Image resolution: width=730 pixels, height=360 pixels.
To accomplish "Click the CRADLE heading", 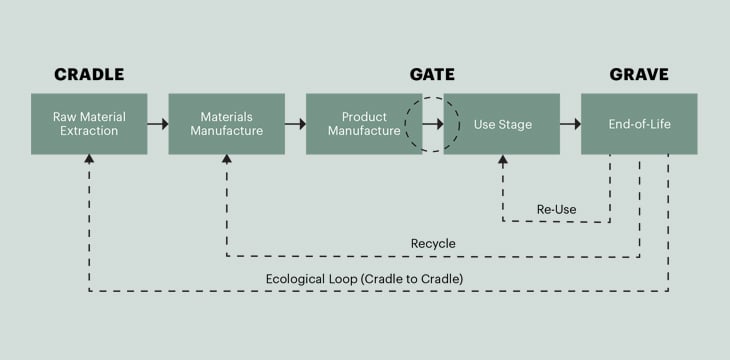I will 89,75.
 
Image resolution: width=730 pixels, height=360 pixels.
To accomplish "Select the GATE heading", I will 433,75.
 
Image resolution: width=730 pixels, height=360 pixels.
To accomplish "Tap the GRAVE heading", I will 639,75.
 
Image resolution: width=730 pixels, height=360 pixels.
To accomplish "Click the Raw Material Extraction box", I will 89,124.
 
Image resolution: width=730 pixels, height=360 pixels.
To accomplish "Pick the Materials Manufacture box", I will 226,124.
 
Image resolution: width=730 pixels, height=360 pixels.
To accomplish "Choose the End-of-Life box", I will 639,124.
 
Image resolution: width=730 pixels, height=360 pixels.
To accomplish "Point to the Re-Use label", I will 557,210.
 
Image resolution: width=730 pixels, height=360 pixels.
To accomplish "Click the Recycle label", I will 433,244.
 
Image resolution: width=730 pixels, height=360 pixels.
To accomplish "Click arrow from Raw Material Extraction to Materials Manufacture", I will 158,124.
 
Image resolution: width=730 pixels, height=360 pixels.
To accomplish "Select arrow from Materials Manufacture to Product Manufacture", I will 295,124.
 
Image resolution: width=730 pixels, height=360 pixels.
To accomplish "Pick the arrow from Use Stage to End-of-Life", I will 570,124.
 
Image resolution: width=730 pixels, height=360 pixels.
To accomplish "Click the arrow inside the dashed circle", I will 432,124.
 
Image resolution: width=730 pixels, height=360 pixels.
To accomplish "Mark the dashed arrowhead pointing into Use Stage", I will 502,160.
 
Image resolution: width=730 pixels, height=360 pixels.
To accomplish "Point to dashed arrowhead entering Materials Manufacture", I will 226,160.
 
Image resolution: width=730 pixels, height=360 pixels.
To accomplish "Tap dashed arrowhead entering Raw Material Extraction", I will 89,160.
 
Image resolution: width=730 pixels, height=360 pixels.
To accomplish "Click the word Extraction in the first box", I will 89,131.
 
